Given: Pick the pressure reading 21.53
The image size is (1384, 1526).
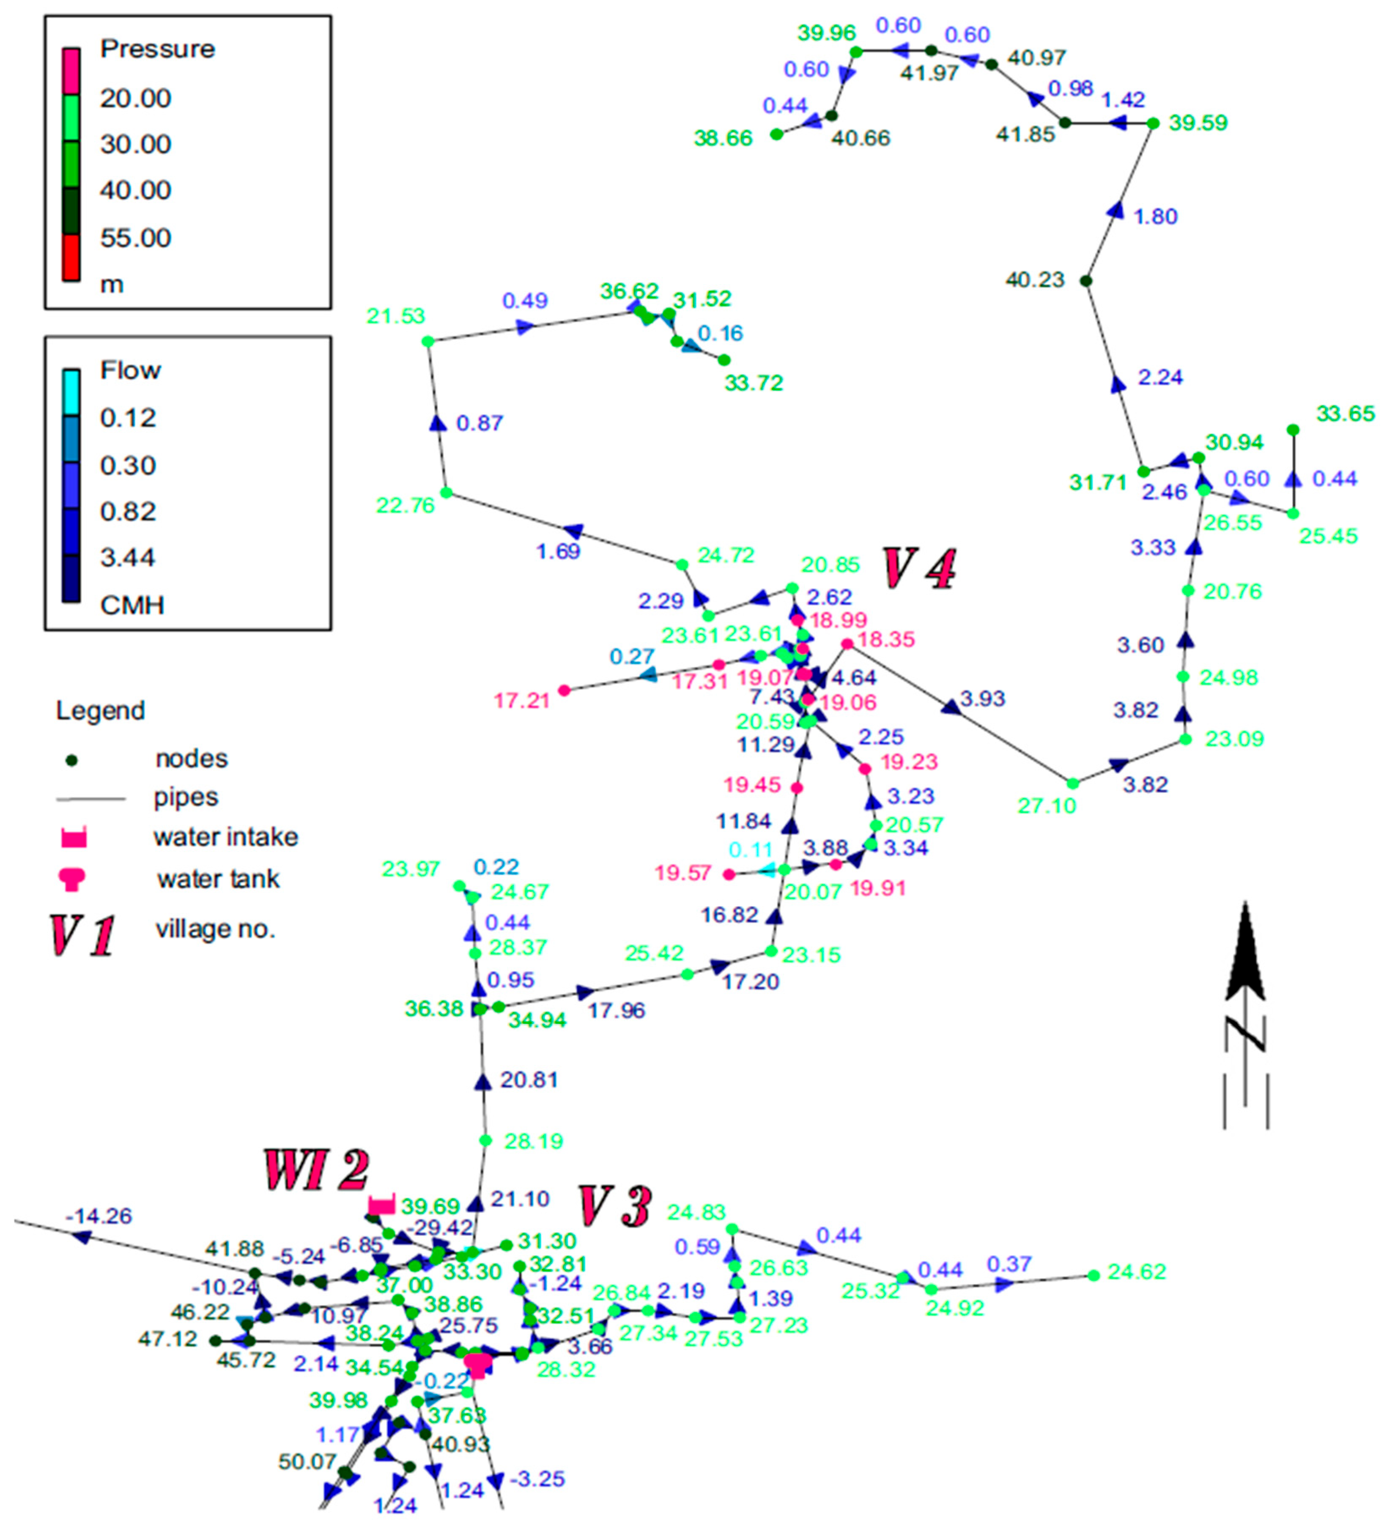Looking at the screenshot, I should [396, 316].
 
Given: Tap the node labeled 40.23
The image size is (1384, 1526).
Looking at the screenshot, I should [1086, 281].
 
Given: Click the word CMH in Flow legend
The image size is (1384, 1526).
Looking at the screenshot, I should [132, 605].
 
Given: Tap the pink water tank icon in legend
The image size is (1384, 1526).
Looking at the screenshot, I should [74, 879].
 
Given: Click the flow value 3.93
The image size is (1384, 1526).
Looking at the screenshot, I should [983, 698].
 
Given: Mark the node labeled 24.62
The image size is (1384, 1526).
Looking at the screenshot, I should [1093, 1275].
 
